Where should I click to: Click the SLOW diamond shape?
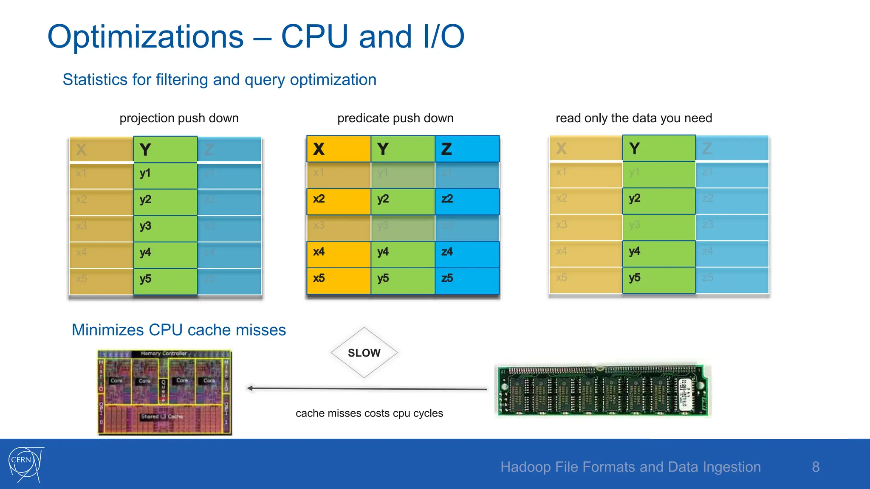tap(364, 353)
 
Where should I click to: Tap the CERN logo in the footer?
tap(25, 464)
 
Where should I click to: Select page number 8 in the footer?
tap(816, 467)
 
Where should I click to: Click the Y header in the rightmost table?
tap(659, 148)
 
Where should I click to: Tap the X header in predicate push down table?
tap(339, 149)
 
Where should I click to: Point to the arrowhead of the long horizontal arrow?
tap(250, 388)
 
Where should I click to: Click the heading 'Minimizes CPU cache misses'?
tap(178, 330)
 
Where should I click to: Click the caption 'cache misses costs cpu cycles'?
tap(369, 413)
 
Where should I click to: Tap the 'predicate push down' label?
tap(395, 118)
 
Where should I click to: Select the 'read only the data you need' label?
tap(633, 118)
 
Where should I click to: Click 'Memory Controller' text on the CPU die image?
tap(164, 353)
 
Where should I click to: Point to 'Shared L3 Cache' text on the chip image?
tap(162, 416)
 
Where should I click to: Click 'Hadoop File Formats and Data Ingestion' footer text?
tap(630, 467)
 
